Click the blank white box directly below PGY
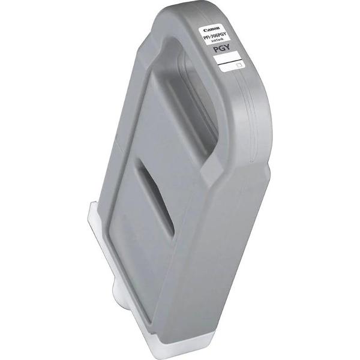click(227, 59)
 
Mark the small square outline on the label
click(239, 64)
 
